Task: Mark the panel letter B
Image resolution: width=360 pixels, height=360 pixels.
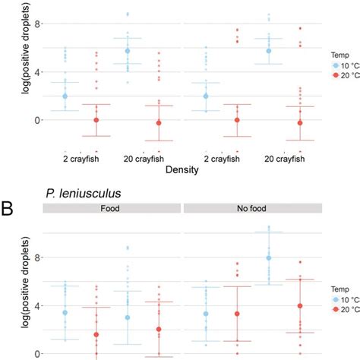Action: coord(9,204)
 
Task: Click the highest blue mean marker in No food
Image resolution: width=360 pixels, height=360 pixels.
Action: coord(268,258)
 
